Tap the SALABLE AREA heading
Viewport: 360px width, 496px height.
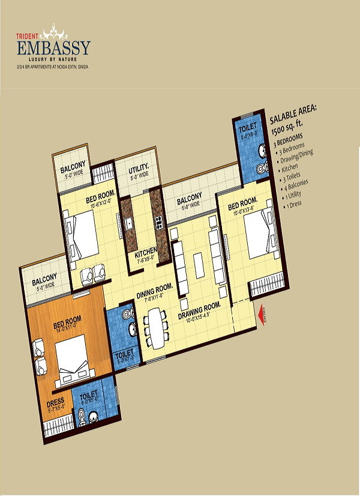pos(296,116)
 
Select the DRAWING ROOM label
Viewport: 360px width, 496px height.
pos(199,306)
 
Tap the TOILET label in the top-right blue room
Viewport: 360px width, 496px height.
pos(247,127)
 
